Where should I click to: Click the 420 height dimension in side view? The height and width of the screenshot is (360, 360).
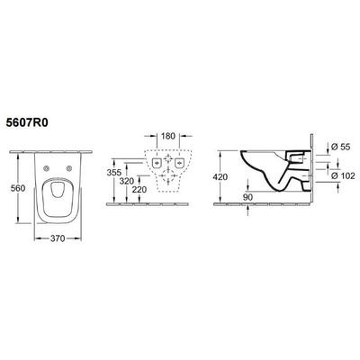pyautogui.click(x=222, y=177)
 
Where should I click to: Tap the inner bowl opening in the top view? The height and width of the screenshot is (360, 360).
pyautogui.click(x=60, y=199)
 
